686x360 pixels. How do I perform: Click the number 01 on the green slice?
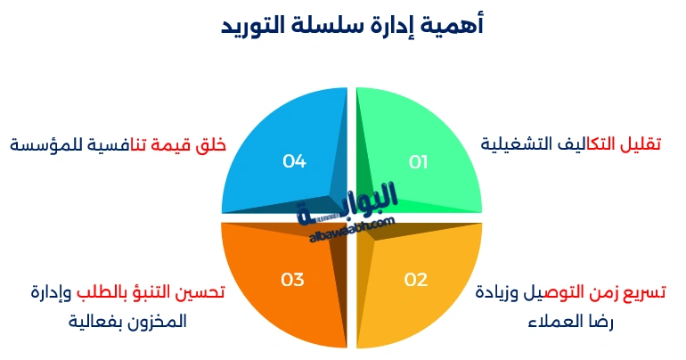pyautogui.click(x=419, y=162)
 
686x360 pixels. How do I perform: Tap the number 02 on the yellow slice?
pyautogui.click(x=416, y=280)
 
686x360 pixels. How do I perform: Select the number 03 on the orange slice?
pyautogui.click(x=293, y=280)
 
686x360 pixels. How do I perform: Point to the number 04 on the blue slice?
pyautogui.click(x=295, y=161)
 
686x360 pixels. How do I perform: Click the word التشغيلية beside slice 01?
pyautogui.click(x=519, y=143)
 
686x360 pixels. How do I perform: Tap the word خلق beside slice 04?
pyautogui.click(x=212, y=144)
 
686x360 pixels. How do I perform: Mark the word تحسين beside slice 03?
pyautogui.click(x=203, y=292)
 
